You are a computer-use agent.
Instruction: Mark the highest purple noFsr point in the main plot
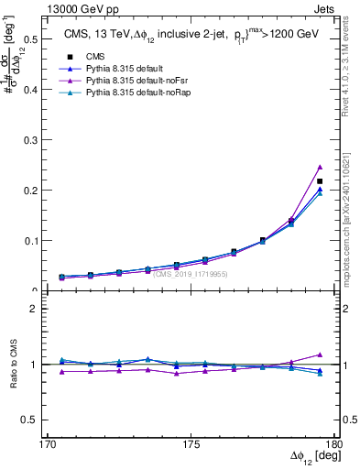320,167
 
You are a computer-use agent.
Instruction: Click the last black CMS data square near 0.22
320,181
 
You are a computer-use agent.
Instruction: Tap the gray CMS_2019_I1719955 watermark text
191,274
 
